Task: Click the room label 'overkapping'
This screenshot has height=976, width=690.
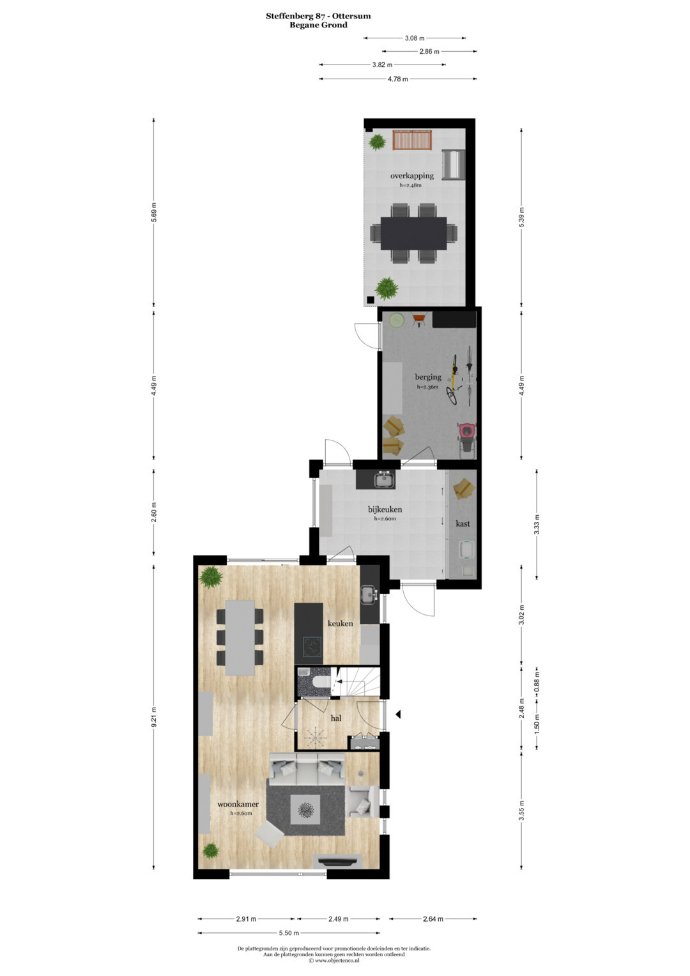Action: coord(411,176)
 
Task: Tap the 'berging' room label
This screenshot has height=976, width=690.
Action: coord(428,377)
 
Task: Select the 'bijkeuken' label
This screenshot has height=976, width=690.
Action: coord(385,509)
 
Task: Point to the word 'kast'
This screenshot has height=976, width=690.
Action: coord(463,523)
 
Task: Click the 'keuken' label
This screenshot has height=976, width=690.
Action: coord(340,624)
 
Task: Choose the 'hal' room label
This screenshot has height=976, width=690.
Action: coord(336,718)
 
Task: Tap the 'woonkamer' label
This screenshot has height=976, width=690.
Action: coord(238,804)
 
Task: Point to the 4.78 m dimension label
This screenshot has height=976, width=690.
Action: coord(397,79)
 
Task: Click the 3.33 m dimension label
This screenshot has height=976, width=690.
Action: coord(537,524)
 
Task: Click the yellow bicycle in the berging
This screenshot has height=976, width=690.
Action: coord(452,378)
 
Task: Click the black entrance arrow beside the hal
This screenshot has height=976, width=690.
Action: coord(397,714)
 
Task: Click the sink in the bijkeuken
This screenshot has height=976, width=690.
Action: coord(385,479)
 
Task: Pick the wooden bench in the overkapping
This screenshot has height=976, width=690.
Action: coord(411,140)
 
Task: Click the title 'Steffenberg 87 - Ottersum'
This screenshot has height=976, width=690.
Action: coord(318,16)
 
